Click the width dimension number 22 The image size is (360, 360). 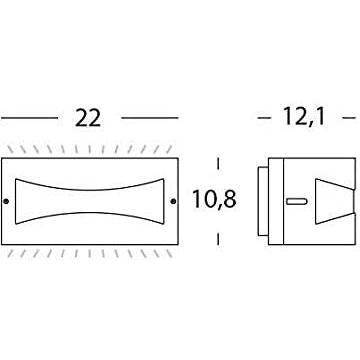pyautogui.click(x=89, y=118)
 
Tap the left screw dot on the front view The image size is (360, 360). pyautogui.click(x=9, y=200)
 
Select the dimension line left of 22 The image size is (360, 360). pyautogui.click(x=30, y=118)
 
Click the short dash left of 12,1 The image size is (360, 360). pyautogui.click(x=264, y=118)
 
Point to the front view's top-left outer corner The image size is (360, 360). pyautogui.click(x=2, y=157)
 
